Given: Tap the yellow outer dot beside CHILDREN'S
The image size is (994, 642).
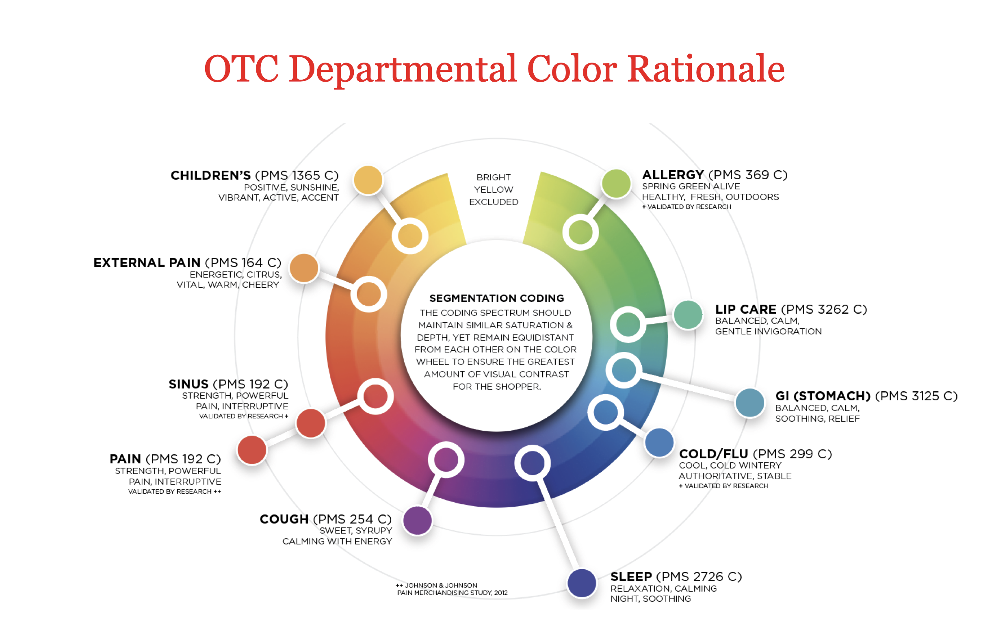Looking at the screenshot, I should (x=368, y=180).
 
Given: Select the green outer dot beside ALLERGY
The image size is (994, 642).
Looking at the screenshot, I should (x=615, y=183).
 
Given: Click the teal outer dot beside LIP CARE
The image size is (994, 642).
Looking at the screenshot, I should (x=688, y=315).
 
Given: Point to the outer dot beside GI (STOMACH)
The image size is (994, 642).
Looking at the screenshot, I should (x=749, y=403).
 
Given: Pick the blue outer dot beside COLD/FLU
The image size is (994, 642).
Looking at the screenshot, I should (x=658, y=442).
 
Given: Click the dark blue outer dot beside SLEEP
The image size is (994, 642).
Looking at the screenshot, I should (x=581, y=583).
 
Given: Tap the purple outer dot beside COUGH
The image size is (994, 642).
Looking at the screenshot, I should (x=417, y=520).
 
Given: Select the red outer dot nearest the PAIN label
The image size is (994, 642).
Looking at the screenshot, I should (x=252, y=450).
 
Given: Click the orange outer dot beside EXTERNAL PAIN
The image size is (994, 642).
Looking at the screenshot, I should (x=304, y=268).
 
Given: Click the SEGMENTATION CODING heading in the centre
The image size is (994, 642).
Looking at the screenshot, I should (x=496, y=299).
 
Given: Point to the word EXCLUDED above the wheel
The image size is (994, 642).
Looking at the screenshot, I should (x=494, y=202).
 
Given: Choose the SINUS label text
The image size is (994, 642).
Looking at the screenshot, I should (x=188, y=384).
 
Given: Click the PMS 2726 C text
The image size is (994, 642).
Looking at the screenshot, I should (x=699, y=577).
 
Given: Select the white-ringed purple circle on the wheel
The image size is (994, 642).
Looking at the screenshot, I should (x=446, y=460).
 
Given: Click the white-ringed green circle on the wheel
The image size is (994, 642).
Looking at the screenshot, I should (x=580, y=232).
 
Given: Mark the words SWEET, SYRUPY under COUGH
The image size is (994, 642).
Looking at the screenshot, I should (x=355, y=531).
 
